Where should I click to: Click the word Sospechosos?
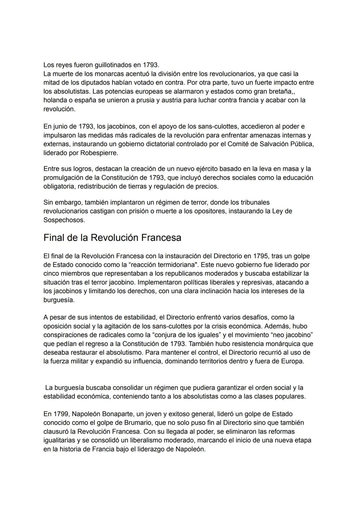click(x=64, y=220)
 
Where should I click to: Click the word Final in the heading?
click(x=54, y=238)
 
